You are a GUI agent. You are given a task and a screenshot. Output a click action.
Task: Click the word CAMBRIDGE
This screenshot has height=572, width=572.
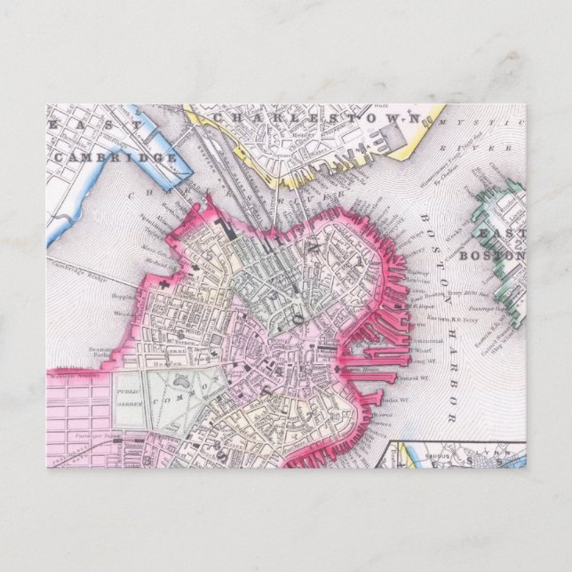pos(116,157)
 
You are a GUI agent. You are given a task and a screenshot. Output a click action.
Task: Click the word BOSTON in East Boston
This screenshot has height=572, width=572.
pos(505,256)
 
